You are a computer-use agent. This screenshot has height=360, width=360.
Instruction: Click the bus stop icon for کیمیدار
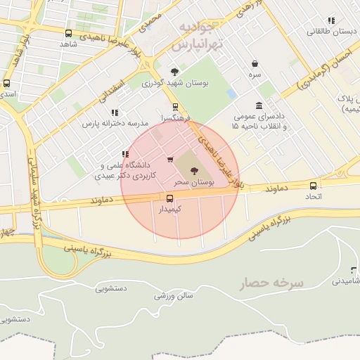tap(169, 198)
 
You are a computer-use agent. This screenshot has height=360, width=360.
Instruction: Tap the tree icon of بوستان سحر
tap(195, 170)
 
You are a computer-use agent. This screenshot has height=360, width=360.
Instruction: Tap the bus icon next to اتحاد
tap(313, 186)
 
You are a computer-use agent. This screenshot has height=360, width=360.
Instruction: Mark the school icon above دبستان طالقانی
tap(331, 20)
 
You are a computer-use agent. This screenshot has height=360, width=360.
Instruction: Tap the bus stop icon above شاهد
tap(68, 33)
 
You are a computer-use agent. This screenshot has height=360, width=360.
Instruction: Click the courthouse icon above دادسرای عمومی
tap(259, 105)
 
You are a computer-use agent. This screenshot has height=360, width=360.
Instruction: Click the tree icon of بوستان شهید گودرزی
tap(174, 71)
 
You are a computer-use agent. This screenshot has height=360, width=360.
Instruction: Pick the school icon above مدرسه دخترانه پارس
tap(113, 112)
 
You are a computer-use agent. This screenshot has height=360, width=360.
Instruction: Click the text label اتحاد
tap(313, 196)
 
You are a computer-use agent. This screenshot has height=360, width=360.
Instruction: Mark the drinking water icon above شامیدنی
tap(352, 270)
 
